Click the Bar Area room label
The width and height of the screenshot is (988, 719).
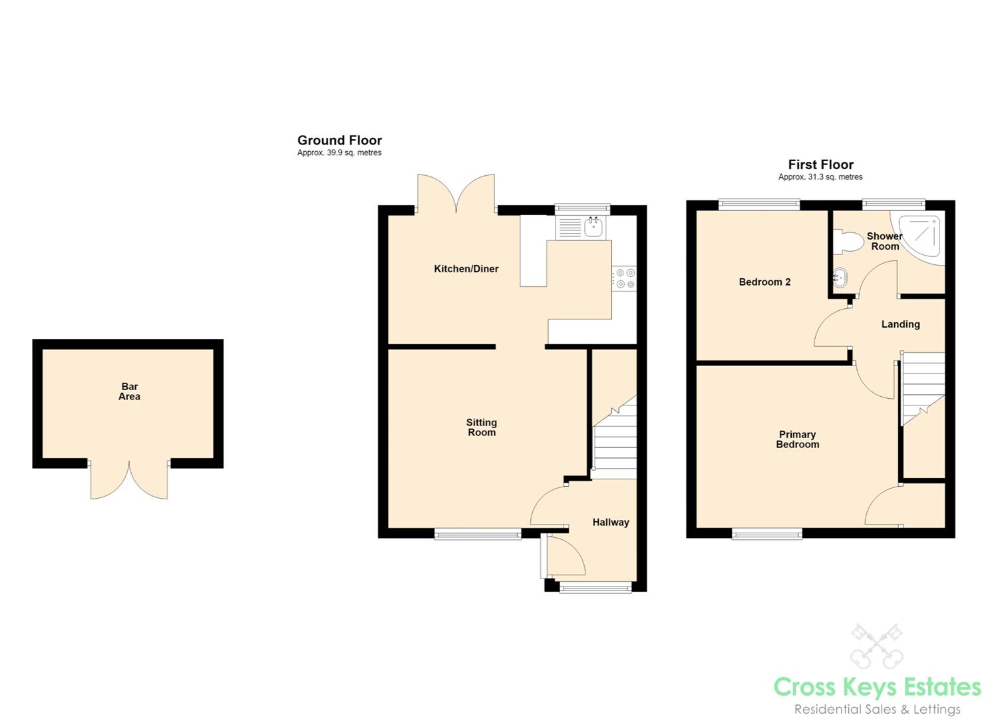pos(129,391)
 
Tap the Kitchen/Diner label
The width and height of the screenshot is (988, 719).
pos(466,269)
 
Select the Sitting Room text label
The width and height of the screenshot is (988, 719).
pos(482,427)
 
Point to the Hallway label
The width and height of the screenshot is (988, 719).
pos(611,523)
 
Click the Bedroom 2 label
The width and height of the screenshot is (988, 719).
pos(765,282)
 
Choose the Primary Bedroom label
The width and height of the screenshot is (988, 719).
pos(798,439)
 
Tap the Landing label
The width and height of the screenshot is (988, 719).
pos(901,324)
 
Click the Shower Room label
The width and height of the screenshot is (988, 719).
pos(885,242)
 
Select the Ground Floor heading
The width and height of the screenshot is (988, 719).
pos(339,140)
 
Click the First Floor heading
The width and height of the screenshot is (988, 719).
pos(821,164)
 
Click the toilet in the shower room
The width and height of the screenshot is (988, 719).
pos(848,242)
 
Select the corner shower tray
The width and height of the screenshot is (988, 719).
pos(919,238)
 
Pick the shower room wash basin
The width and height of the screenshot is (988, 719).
pos(839,278)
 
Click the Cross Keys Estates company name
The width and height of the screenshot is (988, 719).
pos(878,687)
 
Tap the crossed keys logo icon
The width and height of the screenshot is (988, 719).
pos(876,646)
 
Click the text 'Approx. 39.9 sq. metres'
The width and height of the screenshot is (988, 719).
pos(339,152)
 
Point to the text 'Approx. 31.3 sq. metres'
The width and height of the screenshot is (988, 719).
pos(820,177)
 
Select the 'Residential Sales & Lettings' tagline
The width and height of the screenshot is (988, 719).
pos(878,709)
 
